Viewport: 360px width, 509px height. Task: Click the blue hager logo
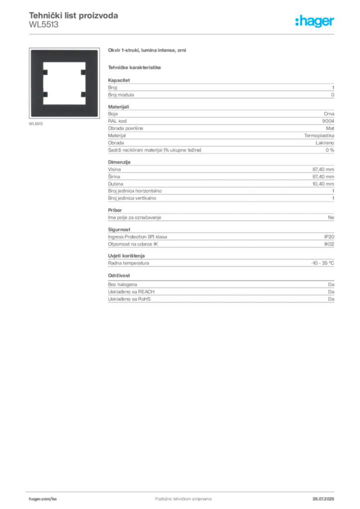(315, 22)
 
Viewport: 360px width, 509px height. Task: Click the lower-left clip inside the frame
(45, 93)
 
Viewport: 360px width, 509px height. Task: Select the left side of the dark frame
(35, 82)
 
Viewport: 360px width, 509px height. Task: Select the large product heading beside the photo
(147, 50)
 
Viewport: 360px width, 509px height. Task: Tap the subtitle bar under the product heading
(135, 67)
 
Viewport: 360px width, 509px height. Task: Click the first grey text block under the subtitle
(220, 89)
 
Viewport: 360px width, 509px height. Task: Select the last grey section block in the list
(220, 294)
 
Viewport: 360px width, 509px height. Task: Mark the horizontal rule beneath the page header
(183, 34)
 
